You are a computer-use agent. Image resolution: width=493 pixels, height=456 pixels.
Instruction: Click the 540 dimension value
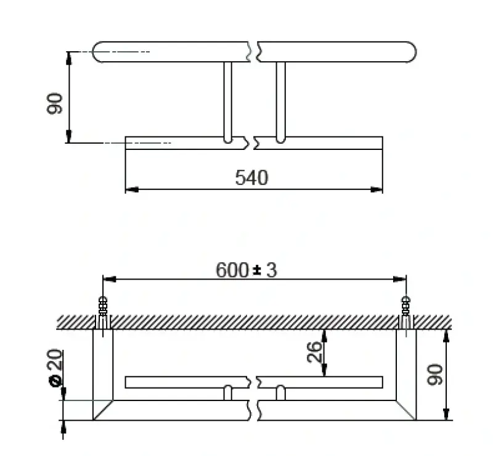click(251, 178)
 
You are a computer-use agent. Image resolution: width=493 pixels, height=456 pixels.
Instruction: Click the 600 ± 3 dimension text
click(246, 270)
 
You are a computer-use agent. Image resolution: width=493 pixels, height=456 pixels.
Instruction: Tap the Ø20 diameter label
click(55, 368)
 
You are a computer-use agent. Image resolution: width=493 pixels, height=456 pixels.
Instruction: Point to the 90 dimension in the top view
click(55, 103)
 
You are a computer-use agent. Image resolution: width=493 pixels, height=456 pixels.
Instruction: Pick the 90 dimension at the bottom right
click(435, 375)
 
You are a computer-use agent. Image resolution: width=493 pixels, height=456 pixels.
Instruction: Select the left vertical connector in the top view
click(227, 102)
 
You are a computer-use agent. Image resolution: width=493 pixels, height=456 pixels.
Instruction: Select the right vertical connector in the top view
click(280, 102)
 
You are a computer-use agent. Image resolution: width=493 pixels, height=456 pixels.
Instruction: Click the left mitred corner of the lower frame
click(103, 410)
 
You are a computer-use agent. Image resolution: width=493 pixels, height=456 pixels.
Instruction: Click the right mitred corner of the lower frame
click(406, 410)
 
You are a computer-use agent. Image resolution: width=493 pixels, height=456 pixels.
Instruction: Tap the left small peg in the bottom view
click(227, 392)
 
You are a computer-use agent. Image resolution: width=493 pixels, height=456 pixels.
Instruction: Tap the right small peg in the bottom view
click(280, 392)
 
